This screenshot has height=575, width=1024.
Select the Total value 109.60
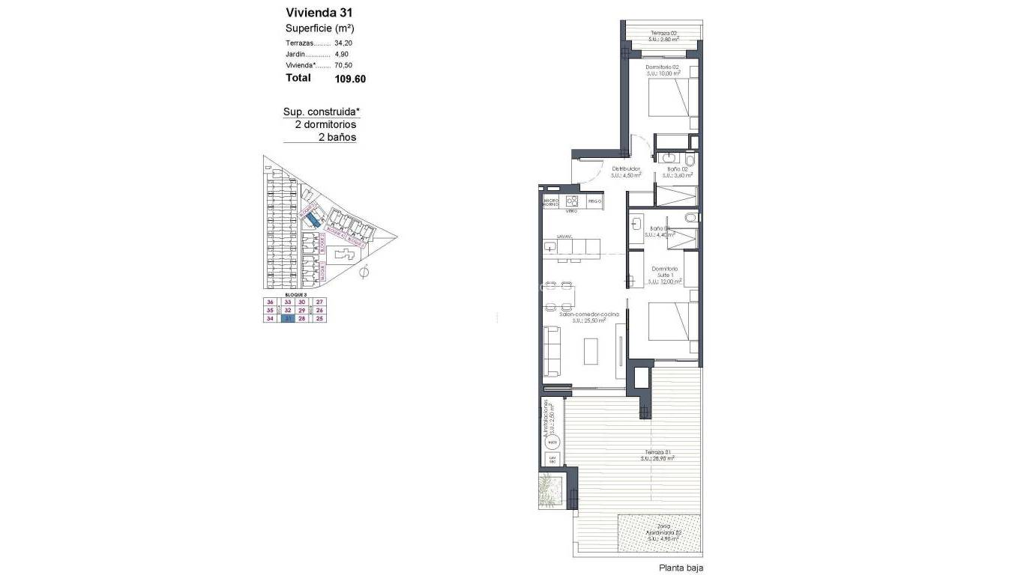pos(350,78)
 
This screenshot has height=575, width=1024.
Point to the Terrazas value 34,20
pos(343,43)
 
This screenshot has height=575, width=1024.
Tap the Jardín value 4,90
pos(341,55)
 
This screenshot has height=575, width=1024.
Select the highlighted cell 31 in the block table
pos(286,318)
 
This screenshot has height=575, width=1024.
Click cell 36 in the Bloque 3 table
pos(270,302)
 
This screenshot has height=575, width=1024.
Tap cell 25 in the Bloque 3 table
pos(319,318)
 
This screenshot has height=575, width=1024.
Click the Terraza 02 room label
pos(664,33)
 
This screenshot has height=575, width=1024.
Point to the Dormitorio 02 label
pos(663,67)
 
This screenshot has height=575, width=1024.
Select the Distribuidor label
pos(625,169)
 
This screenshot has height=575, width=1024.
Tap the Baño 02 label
pos(678,170)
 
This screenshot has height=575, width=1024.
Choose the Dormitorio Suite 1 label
pos(664,273)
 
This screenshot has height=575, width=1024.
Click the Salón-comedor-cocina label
pos(589,314)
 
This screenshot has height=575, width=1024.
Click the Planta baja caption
pos(681,568)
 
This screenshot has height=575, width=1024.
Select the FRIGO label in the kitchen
pos(594,201)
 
